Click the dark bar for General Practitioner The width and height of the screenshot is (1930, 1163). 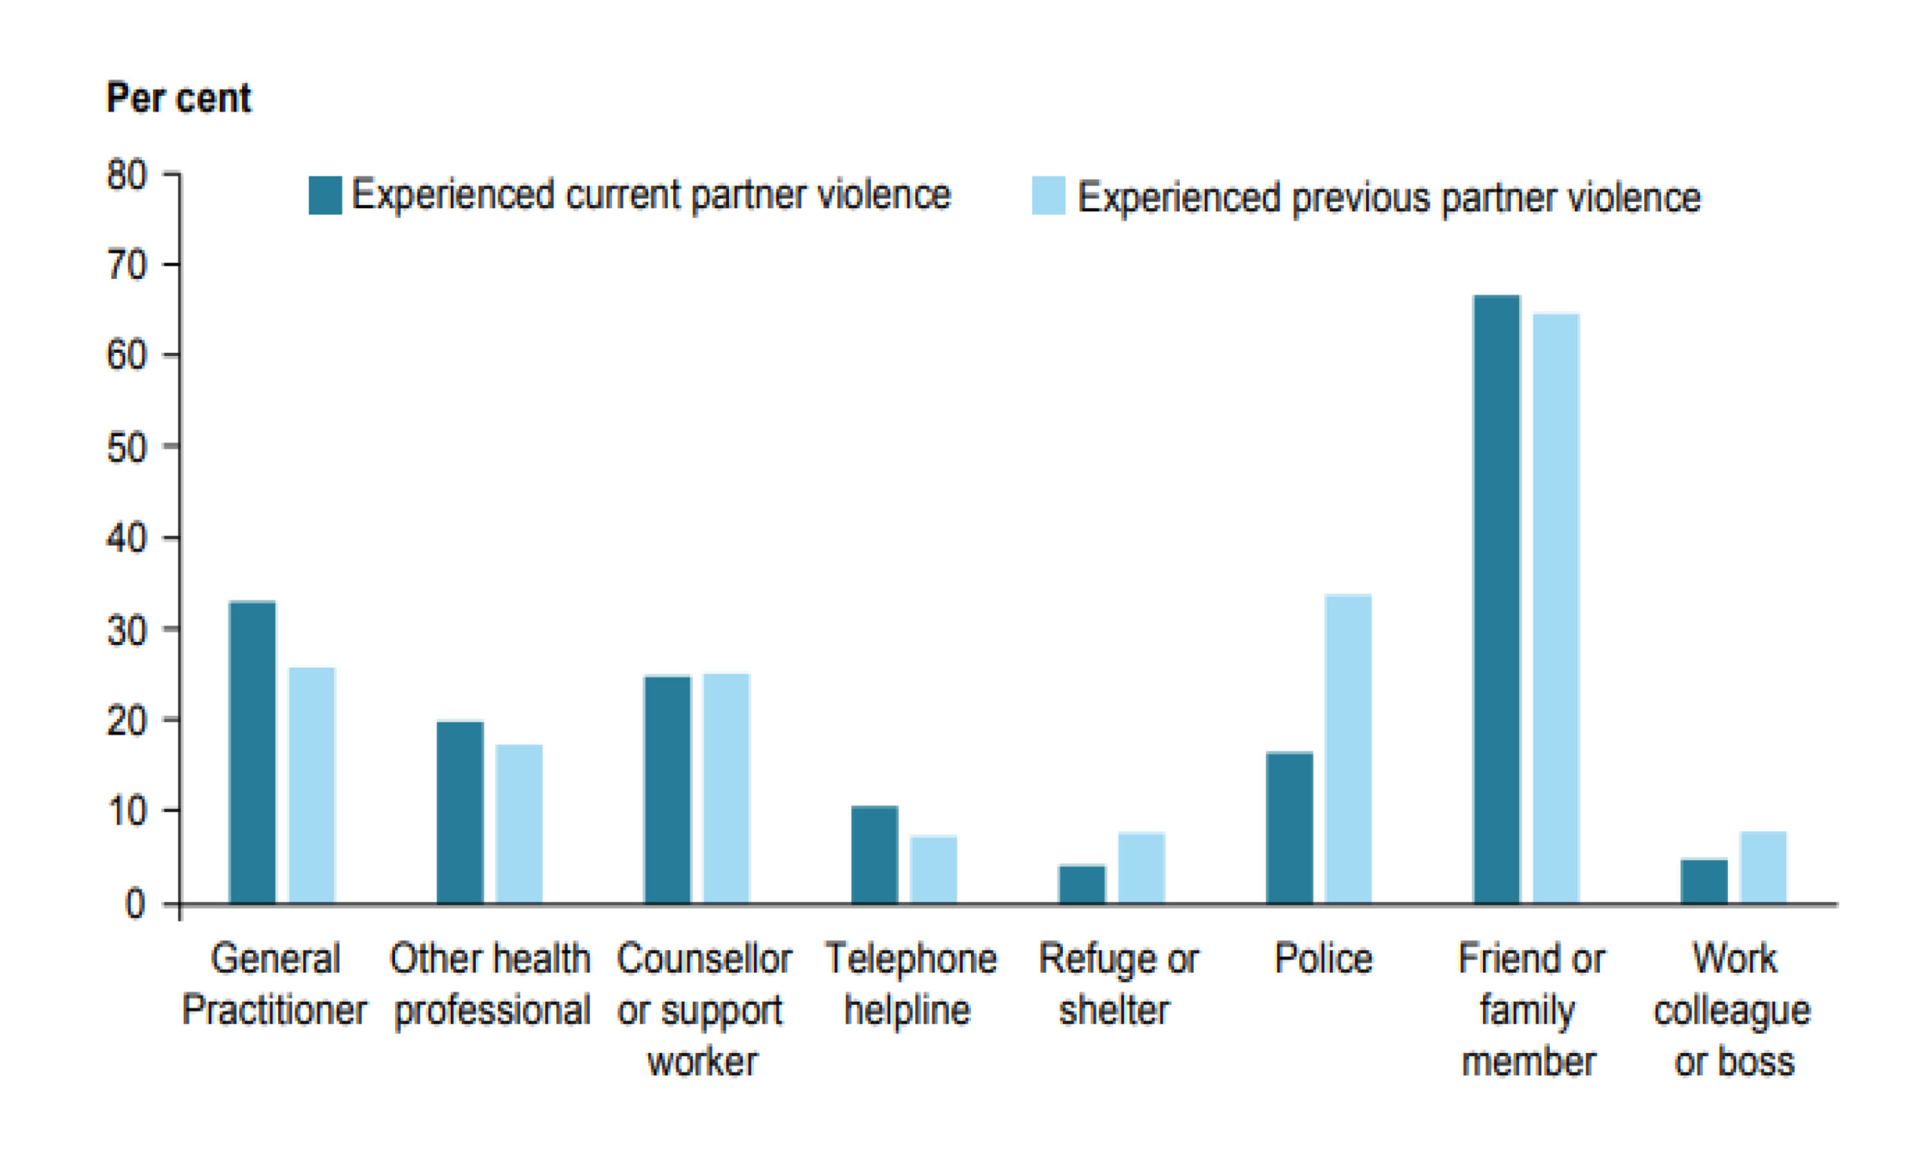click(x=253, y=753)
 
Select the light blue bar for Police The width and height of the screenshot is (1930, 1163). click(x=1348, y=749)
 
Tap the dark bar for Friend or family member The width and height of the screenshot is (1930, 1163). click(x=1497, y=600)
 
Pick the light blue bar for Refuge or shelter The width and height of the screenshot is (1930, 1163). click(x=1141, y=868)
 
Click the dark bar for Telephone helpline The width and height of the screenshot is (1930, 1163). click(x=874, y=855)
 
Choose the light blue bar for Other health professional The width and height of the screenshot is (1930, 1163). click(x=519, y=824)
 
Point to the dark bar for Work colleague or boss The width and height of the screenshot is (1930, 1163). click(x=1704, y=882)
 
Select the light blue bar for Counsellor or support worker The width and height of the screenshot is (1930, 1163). click(x=726, y=788)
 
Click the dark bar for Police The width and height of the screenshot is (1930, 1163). click(x=1289, y=828)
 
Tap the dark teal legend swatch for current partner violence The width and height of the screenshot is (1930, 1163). click(x=325, y=195)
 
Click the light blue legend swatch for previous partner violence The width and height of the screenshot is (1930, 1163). click(x=1049, y=196)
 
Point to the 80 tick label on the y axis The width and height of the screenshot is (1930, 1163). click(x=126, y=174)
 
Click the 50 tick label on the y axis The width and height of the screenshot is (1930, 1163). click(x=126, y=447)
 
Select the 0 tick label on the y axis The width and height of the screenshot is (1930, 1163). click(x=135, y=904)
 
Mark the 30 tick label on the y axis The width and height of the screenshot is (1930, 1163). click(x=126, y=630)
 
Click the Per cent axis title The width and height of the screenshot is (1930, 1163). click(x=179, y=99)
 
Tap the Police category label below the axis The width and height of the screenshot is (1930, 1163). click(x=1323, y=959)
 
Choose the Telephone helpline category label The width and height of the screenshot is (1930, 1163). click(x=910, y=984)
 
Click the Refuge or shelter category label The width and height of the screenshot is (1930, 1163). click(x=1118, y=984)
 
